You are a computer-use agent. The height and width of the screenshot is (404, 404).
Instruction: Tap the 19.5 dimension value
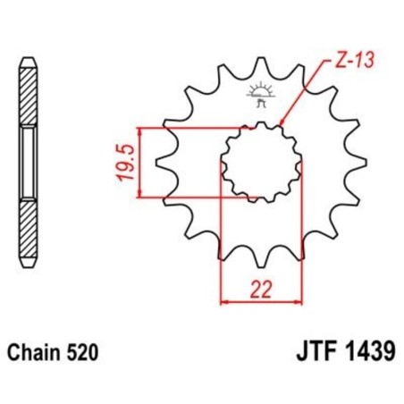[127, 162]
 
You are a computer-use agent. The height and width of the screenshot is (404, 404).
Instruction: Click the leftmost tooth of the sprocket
[162, 164]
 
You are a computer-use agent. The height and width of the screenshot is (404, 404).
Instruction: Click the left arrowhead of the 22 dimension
[224, 301]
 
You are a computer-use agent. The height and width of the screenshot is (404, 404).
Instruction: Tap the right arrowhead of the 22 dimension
[297, 301]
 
